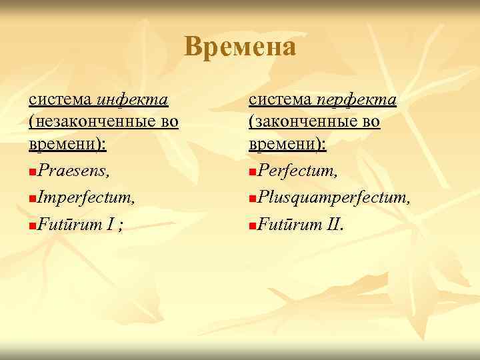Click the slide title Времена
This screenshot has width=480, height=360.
[240, 47]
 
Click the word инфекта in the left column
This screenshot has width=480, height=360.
[132, 100]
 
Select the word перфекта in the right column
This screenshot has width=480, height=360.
[356, 100]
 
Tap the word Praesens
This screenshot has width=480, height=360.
[74, 172]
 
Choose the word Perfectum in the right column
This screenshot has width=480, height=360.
[297, 172]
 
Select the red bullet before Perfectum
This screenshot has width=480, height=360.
[251, 174]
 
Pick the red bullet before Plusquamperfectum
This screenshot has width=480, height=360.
[251, 199]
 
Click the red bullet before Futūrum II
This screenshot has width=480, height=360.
[251, 224]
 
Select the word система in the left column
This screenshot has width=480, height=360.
[60, 100]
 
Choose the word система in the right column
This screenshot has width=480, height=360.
[279, 100]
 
